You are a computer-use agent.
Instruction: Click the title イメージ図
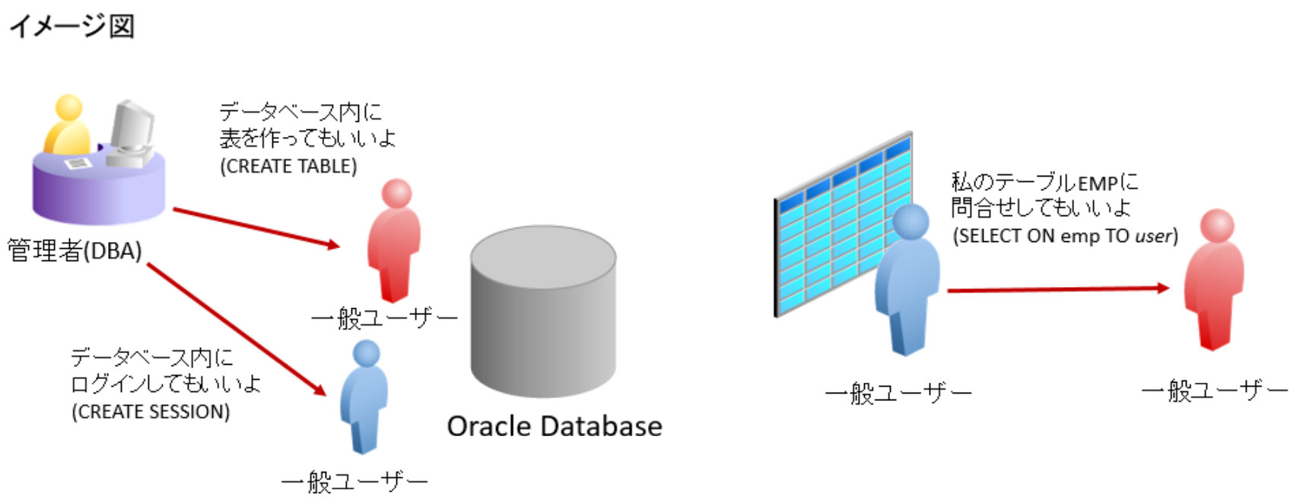(72, 26)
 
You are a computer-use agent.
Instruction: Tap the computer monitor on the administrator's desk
(131, 126)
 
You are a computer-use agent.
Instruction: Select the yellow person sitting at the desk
(67, 126)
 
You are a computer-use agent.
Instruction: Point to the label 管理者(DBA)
(75, 250)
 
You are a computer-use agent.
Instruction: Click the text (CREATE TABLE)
(288, 166)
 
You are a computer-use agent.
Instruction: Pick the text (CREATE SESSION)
(151, 412)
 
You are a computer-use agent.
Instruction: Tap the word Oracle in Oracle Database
(488, 426)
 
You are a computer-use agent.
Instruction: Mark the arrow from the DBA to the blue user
(236, 329)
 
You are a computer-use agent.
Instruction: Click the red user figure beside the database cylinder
(393, 240)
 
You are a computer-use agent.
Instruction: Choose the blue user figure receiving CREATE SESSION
(364, 396)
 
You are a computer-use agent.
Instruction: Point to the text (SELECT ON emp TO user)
(1065, 236)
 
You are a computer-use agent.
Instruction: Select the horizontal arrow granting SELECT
(1057, 289)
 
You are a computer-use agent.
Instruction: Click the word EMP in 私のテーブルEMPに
(1097, 183)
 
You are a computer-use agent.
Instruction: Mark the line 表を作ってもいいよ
(307, 139)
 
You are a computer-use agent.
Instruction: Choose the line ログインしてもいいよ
(166, 384)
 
